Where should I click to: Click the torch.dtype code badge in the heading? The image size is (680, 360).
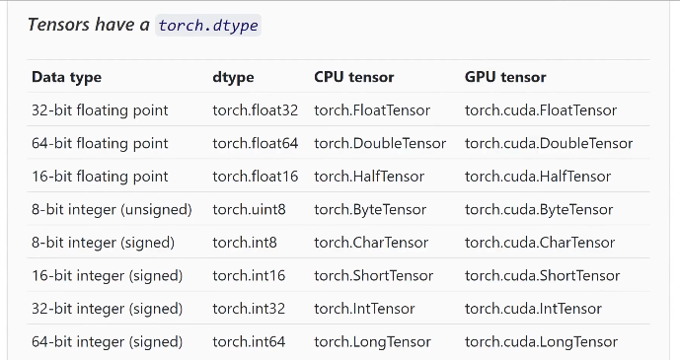tap(207, 26)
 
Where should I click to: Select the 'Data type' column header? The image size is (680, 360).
tap(66, 77)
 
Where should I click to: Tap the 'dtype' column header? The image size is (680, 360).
tap(233, 77)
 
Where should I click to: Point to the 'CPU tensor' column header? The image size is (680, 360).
tap(353, 77)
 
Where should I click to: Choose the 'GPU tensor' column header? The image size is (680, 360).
tap(505, 77)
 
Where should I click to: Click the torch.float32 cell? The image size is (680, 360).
tap(255, 110)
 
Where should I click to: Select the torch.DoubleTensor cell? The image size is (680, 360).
tap(380, 143)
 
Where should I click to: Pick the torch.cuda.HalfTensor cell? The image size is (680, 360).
tap(538, 177)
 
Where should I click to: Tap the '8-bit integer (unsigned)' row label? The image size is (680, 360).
tap(112, 210)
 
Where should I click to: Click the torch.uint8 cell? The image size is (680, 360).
tap(248, 210)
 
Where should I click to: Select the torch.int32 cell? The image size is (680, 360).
tap(249, 309)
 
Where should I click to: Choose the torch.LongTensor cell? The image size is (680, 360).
tap(372, 342)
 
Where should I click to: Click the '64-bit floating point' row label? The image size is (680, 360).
tap(100, 143)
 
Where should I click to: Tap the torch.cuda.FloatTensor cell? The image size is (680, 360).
tap(541, 110)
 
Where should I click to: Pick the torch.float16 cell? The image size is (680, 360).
tap(255, 177)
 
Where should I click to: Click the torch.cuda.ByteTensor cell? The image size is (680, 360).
tap(539, 210)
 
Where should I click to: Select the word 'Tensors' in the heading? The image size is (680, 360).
tap(60, 26)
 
